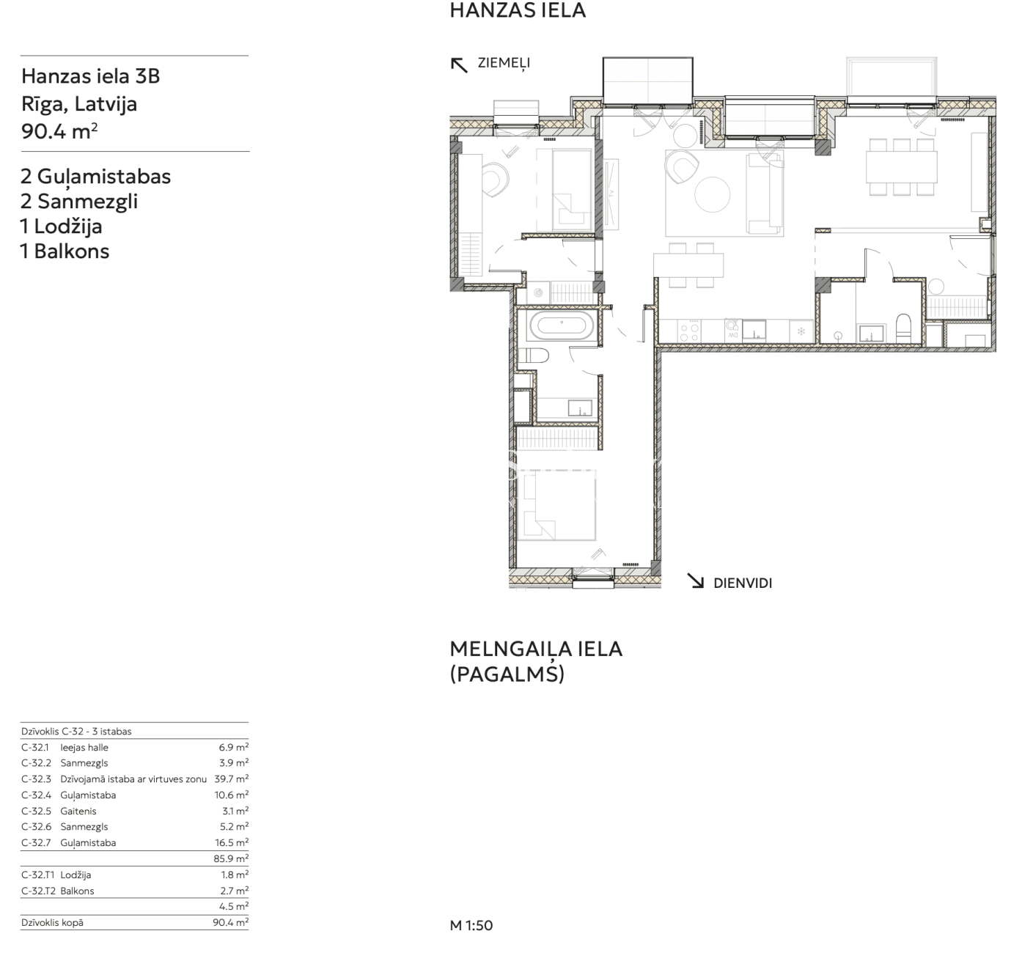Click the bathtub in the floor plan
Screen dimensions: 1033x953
[x=562, y=325]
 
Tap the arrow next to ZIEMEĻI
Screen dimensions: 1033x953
[x=459, y=65]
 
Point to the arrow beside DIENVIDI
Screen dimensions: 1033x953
[x=695, y=581]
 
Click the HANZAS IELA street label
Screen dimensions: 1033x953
[x=518, y=11]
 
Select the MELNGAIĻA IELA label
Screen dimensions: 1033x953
[x=536, y=650]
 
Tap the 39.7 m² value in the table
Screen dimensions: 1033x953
[x=231, y=779]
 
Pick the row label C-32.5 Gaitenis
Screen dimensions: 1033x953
[x=59, y=811]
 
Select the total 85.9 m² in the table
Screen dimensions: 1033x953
[x=231, y=858]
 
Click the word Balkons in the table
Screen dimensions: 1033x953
[x=77, y=891]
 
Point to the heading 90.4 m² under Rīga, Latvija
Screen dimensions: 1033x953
[x=59, y=132]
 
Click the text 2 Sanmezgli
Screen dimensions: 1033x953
[x=79, y=202]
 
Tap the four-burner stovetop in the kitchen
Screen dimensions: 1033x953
[x=689, y=330]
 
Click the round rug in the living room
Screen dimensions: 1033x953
[x=712, y=194]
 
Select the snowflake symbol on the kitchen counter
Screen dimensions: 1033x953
[x=801, y=331]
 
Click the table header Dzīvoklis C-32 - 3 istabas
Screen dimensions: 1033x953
[x=76, y=731]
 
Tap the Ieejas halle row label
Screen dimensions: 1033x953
[x=84, y=748]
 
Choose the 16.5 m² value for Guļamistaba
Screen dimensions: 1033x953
[x=232, y=842]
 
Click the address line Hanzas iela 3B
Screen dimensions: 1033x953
[x=90, y=76]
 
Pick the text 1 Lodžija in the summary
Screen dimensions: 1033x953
[x=62, y=227]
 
